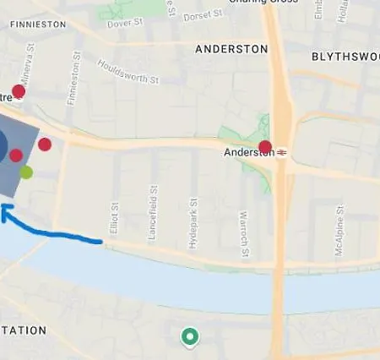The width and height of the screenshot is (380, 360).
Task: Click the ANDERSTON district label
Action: [231, 49]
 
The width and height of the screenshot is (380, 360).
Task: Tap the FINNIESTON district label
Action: [37, 25]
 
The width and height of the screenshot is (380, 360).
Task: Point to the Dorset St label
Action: [202, 14]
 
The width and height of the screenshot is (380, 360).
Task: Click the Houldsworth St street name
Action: [128, 72]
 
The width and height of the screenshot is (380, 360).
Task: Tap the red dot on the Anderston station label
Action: [265, 147]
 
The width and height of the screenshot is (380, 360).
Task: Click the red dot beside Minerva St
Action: [19, 91]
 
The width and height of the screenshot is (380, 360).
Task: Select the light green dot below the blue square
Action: [26, 172]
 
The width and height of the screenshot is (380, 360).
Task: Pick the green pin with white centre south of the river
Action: [191, 338]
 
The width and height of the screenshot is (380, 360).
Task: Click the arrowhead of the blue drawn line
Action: [4, 211]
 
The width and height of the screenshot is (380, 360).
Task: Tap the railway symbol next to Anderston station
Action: [282, 152]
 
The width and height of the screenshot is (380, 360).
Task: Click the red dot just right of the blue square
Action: [45, 145]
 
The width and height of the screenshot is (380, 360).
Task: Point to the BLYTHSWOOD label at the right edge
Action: [345, 57]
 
